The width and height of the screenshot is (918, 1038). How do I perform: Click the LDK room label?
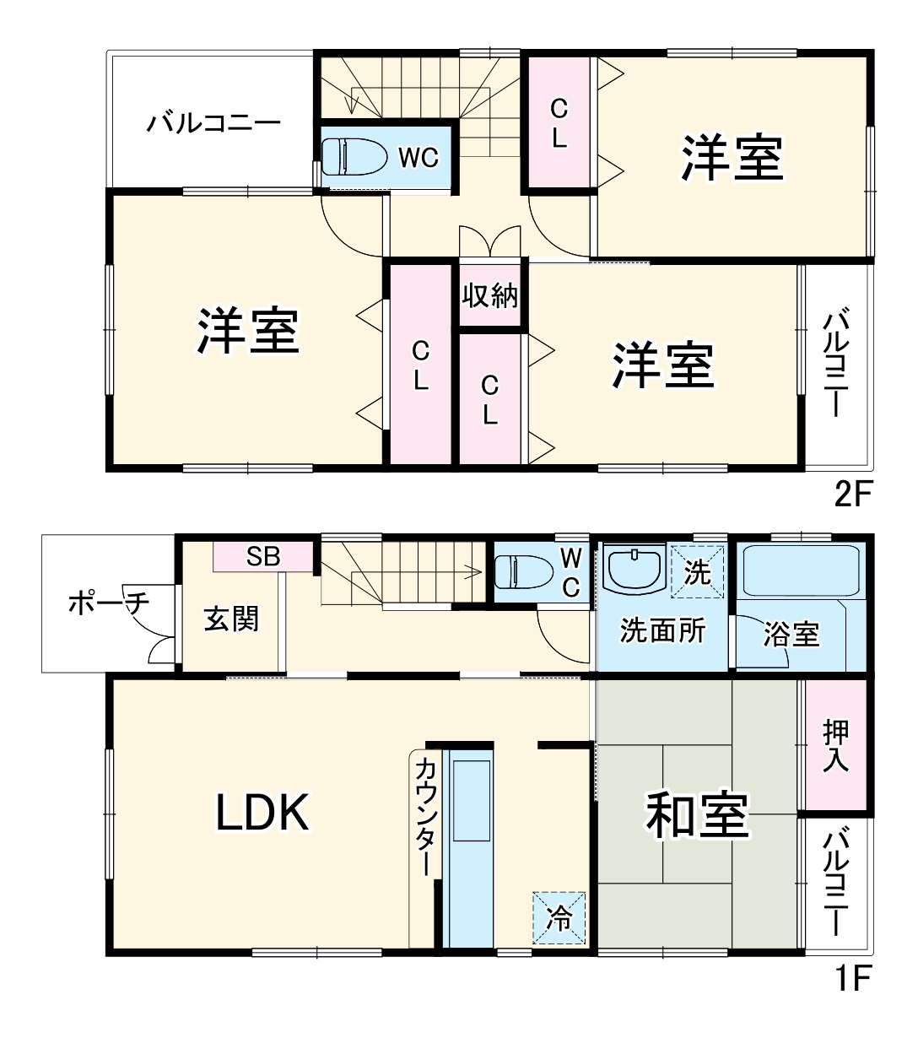click(263, 813)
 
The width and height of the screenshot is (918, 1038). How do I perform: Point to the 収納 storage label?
click(489, 296)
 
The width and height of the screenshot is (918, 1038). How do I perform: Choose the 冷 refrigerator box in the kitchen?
click(559, 917)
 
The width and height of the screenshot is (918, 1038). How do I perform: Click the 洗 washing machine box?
click(697, 573)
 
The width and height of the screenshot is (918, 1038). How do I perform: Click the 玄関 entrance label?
click(230, 619)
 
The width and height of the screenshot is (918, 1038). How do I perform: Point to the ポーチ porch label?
click(108, 603)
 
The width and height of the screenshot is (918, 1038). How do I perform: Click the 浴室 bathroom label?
click(791, 634)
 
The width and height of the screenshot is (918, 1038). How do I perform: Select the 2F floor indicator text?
click(851, 494)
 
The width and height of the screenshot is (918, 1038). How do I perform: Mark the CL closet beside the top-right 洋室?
click(559, 123)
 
